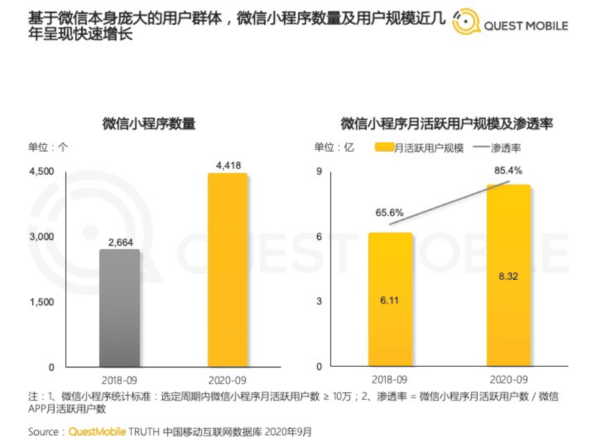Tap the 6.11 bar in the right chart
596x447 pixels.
(390, 300)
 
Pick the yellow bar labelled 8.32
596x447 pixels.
(508, 275)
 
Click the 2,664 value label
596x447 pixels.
(120, 242)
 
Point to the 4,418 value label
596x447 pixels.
(228, 165)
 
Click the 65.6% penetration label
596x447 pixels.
(390, 213)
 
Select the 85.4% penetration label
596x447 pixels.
(508, 170)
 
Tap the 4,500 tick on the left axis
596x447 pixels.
(43, 172)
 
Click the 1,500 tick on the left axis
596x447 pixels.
(43, 302)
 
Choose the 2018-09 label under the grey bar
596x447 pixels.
(120, 379)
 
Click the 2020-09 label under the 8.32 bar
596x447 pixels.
(508, 379)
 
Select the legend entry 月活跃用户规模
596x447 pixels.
(421, 149)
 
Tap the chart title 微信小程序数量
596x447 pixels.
(149, 124)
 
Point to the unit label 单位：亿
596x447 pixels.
(334, 148)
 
